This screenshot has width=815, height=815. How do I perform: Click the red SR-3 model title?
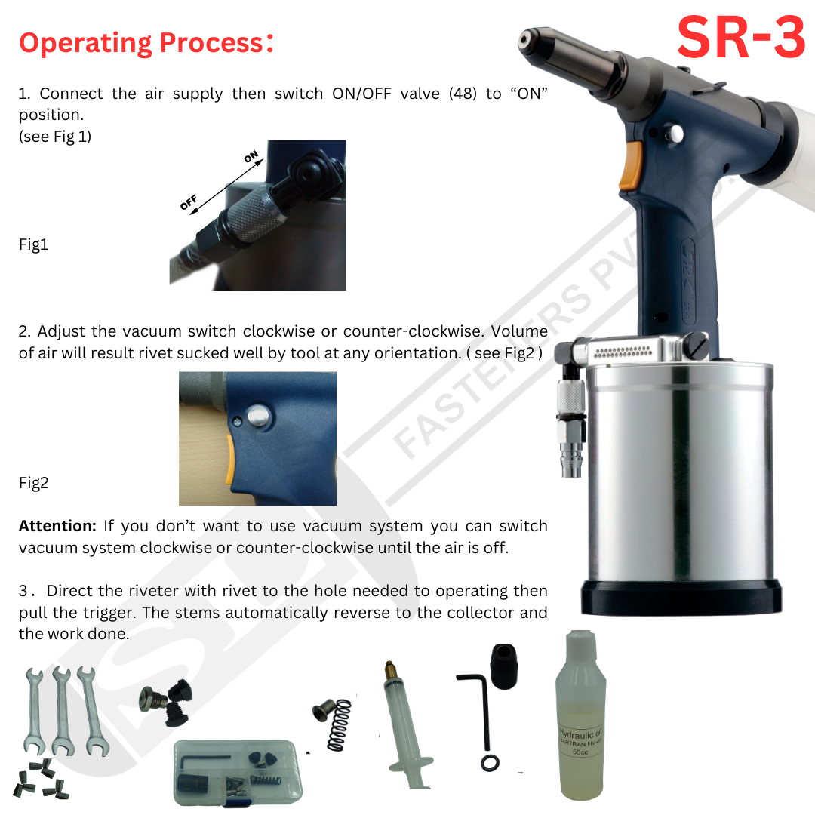741,38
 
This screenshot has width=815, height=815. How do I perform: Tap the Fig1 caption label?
33,245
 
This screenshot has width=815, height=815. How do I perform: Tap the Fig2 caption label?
33,484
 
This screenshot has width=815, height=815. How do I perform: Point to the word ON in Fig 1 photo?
251,158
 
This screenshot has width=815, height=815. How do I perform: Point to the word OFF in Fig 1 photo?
189,202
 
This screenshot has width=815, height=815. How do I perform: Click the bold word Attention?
57,526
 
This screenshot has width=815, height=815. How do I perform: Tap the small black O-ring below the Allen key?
490,764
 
